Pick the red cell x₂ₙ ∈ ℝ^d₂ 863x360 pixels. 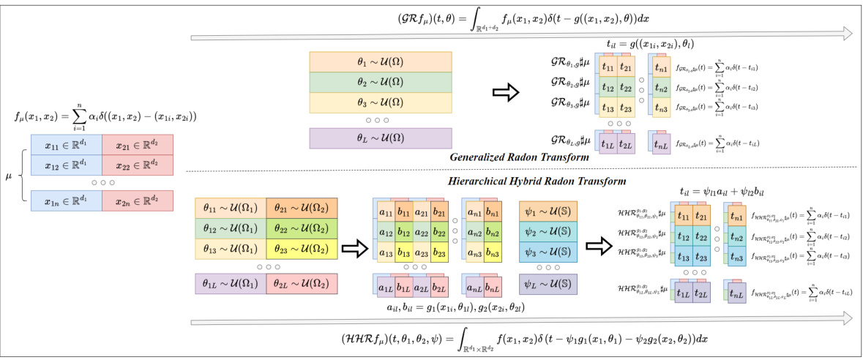(137, 200)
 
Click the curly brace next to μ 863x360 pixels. (20, 175)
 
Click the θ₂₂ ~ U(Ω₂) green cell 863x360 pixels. (302, 229)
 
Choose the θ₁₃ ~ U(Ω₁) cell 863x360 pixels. (231, 249)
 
